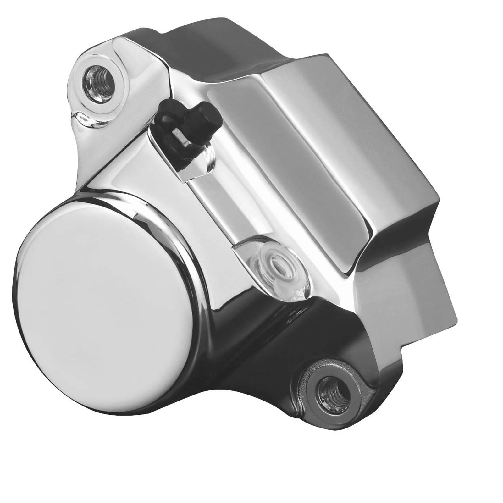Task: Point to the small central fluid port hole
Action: click(x=275, y=264)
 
